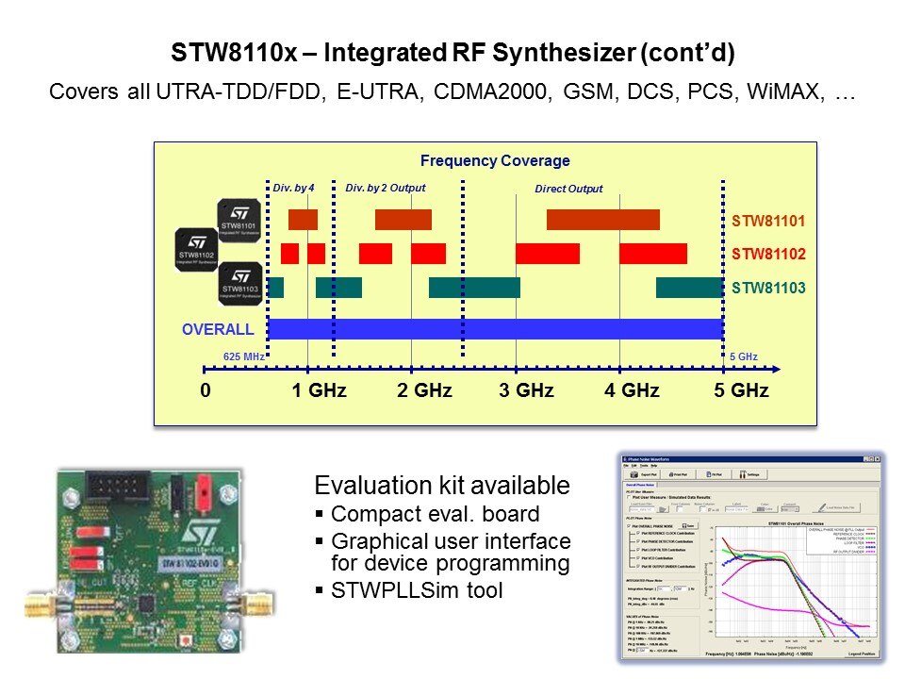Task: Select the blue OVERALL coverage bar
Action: pyautogui.click(x=495, y=329)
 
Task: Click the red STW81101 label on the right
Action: pyautogui.click(x=768, y=221)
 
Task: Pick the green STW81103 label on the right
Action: pyautogui.click(x=768, y=288)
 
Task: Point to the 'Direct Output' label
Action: pyautogui.click(x=568, y=190)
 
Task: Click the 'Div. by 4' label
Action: pyautogui.click(x=292, y=189)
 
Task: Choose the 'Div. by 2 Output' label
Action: pyautogui.click(x=386, y=189)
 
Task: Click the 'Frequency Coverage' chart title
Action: pyautogui.click(x=495, y=161)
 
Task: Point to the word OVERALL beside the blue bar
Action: pyautogui.click(x=218, y=329)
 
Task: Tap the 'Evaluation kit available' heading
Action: pyautogui.click(x=442, y=486)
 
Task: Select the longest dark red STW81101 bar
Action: pyautogui.click(x=603, y=220)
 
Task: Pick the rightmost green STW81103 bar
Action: pyautogui.click(x=689, y=288)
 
